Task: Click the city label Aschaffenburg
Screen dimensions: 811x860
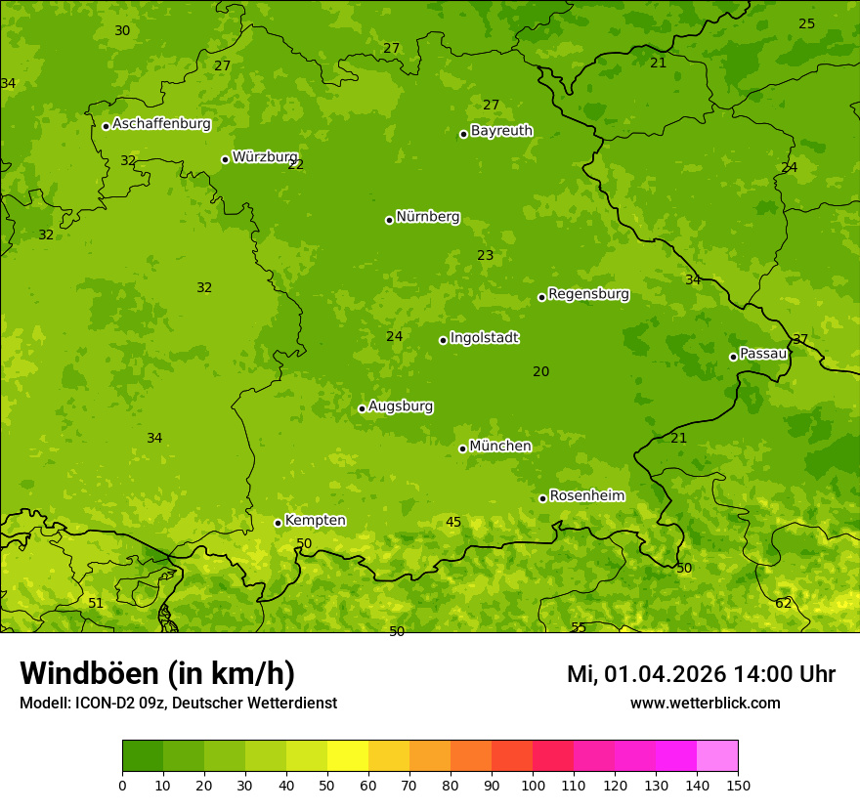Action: (x=161, y=124)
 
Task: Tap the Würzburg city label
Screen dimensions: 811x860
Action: (x=265, y=157)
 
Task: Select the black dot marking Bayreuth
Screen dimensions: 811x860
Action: (x=463, y=134)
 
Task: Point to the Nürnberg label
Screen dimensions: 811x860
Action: (x=427, y=217)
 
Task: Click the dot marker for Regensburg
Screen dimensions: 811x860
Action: (x=541, y=297)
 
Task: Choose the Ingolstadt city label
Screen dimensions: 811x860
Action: (x=484, y=338)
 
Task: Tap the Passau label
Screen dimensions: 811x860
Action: (x=763, y=354)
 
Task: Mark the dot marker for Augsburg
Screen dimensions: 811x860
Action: (x=362, y=408)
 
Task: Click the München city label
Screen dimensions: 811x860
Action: (x=500, y=447)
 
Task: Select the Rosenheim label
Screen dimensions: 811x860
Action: (x=586, y=496)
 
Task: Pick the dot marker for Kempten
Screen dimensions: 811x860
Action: (x=278, y=523)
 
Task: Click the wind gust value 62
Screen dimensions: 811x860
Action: (x=784, y=604)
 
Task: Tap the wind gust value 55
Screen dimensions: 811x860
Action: (x=579, y=627)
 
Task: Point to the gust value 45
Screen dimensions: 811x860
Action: (x=453, y=523)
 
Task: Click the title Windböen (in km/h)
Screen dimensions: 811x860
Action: (x=157, y=673)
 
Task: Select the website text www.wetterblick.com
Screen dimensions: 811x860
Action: (x=705, y=703)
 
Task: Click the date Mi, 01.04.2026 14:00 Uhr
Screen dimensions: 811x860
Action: (x=701, y=674)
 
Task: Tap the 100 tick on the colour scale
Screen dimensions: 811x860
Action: (x=533, y=785)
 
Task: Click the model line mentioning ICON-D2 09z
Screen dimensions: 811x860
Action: (x=178, y=703)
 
